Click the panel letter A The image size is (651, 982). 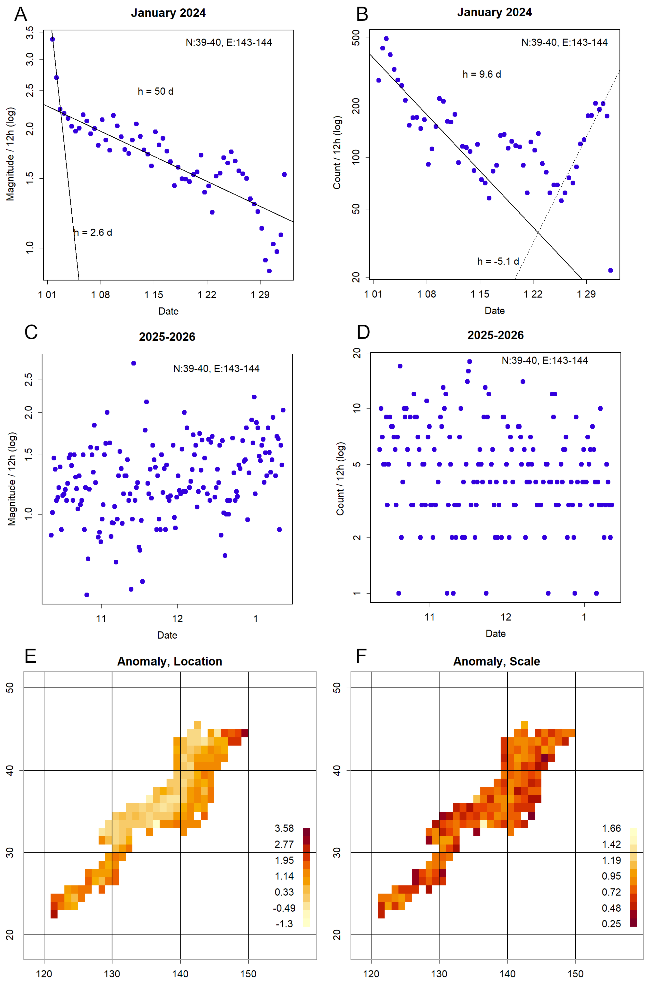tap(20, 15)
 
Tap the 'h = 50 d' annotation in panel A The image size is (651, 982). tap(156, 91)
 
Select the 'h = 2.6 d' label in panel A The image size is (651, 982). tap(93, 232)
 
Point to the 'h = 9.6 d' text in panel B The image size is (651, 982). tap(482, 74)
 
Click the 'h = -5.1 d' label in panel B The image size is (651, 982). tap(498, 261)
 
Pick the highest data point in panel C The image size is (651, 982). tap(134, 363)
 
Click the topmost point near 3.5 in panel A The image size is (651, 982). tap(52, 39)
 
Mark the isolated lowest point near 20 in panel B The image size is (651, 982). tap(610, 270)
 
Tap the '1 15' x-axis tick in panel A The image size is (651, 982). tap(154, 295)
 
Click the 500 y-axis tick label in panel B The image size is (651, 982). tap(356, 38)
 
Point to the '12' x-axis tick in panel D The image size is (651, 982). tap(506, 617)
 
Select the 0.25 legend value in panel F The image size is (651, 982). tap(611, 924)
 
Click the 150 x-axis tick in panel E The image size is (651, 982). tap(248, 974)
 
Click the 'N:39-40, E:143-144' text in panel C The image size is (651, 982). tap(216, 368)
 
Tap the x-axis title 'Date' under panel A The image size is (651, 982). tap(168, 311)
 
